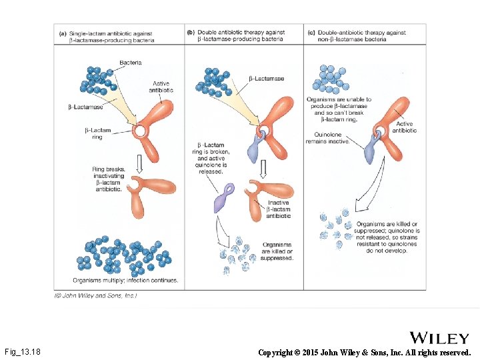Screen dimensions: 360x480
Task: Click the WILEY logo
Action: click(x=440, y=338)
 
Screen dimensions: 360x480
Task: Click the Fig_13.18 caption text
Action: click(x=22, y=351)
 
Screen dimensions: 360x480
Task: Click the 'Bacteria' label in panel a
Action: click(x=131, y=63)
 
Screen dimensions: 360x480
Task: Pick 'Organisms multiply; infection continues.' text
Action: click(x=125, y=280)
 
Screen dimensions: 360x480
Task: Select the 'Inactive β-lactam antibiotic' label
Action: click(x=278, y=209)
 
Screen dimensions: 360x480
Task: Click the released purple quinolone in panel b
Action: click(x=223, y=199)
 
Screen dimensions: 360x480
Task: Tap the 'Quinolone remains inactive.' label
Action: click(x=327, y=138)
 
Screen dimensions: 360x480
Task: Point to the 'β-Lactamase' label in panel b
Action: click(x=266, y=79)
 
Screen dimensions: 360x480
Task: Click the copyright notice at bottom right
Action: click(x=364, y=352)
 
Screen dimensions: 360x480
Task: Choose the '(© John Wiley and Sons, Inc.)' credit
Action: click(x=95, y=295)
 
